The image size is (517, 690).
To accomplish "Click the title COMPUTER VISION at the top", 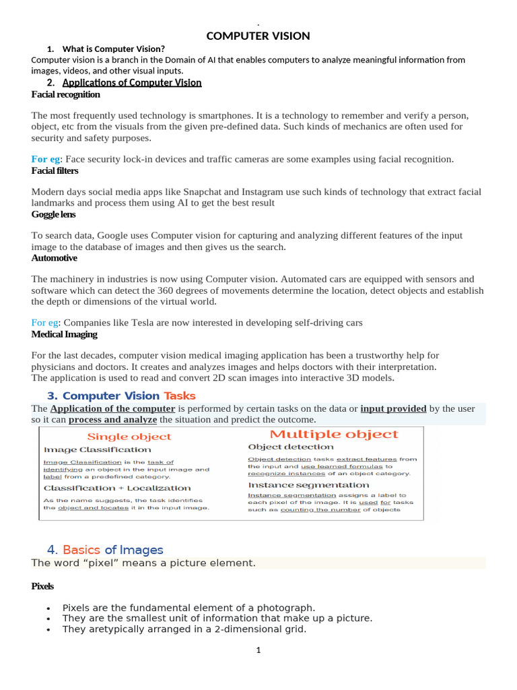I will click(x=258, y=36).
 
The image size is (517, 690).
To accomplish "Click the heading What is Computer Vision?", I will click(x=113, y=49).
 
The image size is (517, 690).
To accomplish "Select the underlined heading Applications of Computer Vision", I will click(x=132, y=83).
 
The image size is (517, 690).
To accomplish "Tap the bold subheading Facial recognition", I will click(x=65, y=95).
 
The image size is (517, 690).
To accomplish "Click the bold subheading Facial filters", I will click(x=55, y=170).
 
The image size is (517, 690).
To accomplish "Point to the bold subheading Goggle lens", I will click(x=53, y=214).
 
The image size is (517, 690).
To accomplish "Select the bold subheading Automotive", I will click(x=54, y=258).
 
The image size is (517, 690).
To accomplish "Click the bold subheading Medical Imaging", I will click(x=64, y=334).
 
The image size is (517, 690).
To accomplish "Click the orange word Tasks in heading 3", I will click(x=179, y=396).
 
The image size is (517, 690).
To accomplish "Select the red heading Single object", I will click(x=129, y=437).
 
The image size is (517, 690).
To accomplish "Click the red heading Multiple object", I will click(x=335, y=435).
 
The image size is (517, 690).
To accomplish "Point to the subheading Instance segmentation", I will click(x=308, y=484).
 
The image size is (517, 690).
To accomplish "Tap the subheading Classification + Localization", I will click(x=116, y=488).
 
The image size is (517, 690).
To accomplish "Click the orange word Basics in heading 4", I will click(x=81, y=550).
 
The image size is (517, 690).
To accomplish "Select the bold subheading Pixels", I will click(x=42, y=586).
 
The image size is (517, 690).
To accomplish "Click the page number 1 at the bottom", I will click(x=258, y=650).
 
